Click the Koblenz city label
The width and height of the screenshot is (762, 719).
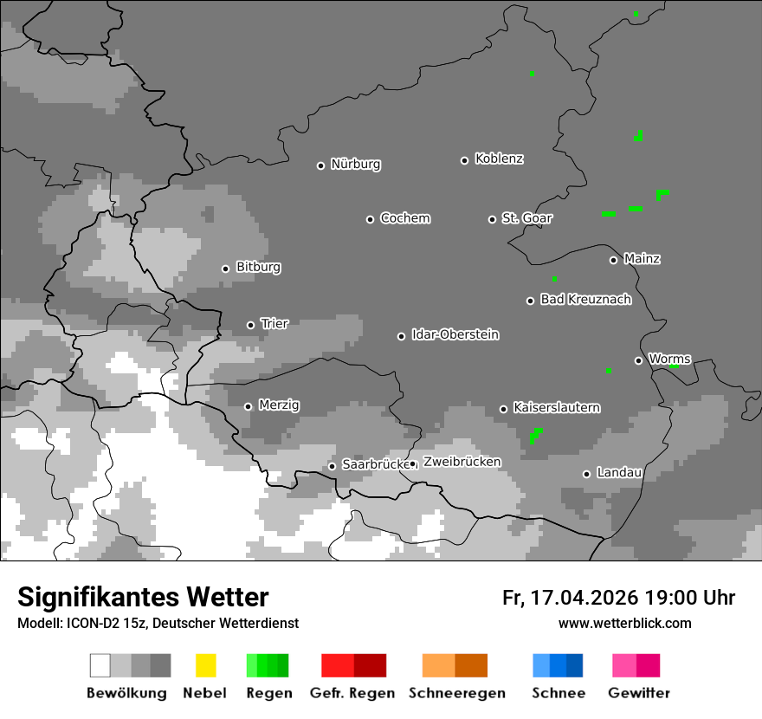click(499, 159)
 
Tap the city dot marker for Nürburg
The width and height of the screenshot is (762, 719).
click(320, 165)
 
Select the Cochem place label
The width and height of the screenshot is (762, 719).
click(404, 218)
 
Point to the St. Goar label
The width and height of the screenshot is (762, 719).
click(526, 218)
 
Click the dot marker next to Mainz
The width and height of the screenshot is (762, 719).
click(613, 260)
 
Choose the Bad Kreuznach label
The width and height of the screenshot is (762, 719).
click(585, 300)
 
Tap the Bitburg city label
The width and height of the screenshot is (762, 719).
click(258, 267)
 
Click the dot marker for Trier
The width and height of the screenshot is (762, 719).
click(250, 325)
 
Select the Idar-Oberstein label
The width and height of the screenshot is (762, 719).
click(455, 334)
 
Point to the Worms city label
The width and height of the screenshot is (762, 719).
click(669, 359)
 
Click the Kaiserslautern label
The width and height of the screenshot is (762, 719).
click(556, 407)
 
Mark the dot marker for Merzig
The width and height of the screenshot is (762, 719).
click(248, 406)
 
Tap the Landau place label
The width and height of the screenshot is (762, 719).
click(619, 472)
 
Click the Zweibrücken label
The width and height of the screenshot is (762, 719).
click(462, 462)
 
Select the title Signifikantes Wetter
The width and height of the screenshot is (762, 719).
click(143, 597)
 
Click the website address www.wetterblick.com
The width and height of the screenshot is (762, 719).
click(624, 624)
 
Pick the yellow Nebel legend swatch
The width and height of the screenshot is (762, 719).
click(205, 665)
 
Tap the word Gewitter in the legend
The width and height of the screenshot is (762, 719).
click(638, 693)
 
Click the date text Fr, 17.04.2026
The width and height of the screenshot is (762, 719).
click(570, 598)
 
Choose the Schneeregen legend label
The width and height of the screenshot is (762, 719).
click(456, 693)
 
